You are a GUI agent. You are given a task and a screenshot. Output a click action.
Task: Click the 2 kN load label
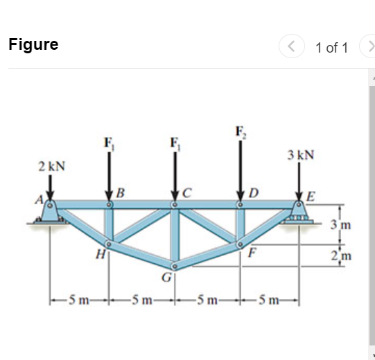click(52, 166)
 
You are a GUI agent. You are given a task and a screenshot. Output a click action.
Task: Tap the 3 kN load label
click(301, 155)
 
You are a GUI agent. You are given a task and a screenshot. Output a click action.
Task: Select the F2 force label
click(241, 132)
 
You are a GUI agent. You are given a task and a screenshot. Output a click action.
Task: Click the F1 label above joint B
click(110, 143)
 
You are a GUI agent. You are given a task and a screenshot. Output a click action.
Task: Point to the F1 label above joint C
click(175, 143)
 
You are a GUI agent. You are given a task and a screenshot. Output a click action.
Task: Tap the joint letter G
click(166, 278)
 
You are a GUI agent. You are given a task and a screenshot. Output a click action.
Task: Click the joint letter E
click(310, 197)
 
